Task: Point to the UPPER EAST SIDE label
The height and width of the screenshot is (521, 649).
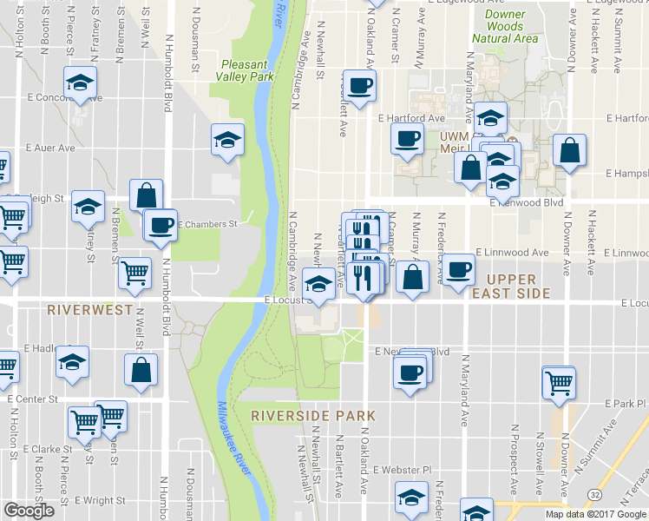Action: (x=518, y=286)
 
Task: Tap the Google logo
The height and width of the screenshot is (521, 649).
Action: (x=29, y=511)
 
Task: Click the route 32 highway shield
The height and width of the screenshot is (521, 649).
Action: (x=593, y=493)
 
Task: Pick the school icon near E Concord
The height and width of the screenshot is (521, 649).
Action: (x=80, y=83)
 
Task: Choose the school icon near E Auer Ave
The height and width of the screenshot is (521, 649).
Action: (x=227, y=140)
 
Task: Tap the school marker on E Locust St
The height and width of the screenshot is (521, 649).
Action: (x=318, y=284)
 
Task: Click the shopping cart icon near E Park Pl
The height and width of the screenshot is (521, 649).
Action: (x=558, y=381)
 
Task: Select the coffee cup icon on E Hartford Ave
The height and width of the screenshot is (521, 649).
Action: (x=407, y=138)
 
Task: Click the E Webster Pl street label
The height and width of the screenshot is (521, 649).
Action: (x=402, y=470)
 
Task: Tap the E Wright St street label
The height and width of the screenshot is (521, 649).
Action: (x=100, y=501)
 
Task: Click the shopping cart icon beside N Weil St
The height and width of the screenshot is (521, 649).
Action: (x=135, y=274)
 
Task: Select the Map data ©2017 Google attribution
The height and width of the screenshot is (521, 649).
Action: (x=595, y=514)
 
